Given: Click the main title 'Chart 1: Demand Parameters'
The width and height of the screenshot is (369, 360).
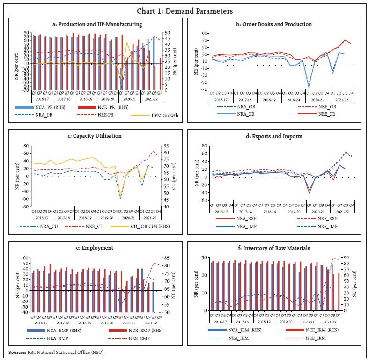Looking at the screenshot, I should click(184, 11).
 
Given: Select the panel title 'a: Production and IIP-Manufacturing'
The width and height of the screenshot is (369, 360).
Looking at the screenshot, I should click(97, 24).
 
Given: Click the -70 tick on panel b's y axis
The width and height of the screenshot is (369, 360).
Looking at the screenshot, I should click(203, 89).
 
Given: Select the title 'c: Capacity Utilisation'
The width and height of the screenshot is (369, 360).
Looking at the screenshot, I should click(97, 136).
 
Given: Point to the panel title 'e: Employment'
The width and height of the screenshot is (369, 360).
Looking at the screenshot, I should click(97, 248).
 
